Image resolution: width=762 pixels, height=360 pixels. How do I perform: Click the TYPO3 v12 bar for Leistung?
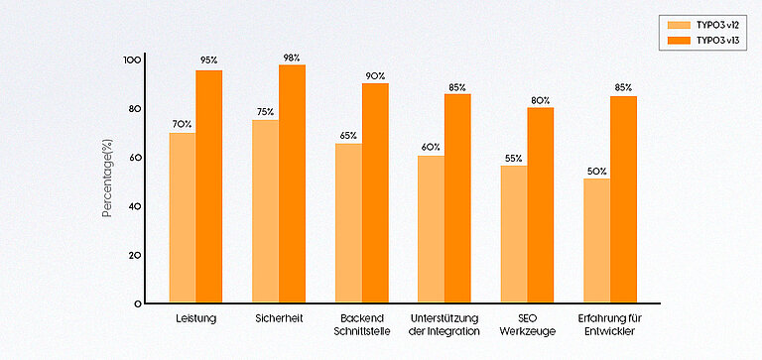[183, 217]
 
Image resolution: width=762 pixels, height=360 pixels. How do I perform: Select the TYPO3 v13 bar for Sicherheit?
[292, 183]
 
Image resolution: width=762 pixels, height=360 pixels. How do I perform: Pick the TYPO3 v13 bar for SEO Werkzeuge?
[541, 204]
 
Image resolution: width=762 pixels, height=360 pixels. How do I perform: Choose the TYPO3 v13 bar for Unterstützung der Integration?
[457, 198]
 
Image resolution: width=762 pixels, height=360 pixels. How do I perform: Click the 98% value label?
[292, 58]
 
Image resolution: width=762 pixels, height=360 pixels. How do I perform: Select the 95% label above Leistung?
[209, 61]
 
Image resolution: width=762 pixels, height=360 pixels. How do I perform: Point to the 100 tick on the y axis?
[133, 60]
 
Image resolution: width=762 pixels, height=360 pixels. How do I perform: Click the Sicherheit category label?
[279, 318]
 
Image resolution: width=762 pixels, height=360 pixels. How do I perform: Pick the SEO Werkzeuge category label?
[527, 323]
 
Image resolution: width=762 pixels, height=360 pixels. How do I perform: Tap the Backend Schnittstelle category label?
[361, 323]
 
